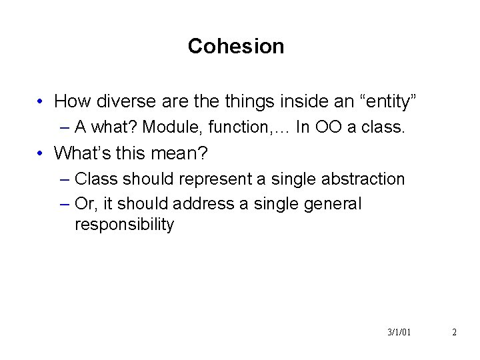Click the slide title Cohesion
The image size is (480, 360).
(236, 46)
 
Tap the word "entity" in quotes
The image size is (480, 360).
(388, 101)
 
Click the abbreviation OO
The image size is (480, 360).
(328, 127)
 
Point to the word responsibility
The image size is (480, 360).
(124, 225)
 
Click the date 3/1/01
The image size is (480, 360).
(399, 332)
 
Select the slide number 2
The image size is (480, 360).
(454, 332)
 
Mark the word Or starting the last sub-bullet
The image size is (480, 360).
(85, 203)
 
